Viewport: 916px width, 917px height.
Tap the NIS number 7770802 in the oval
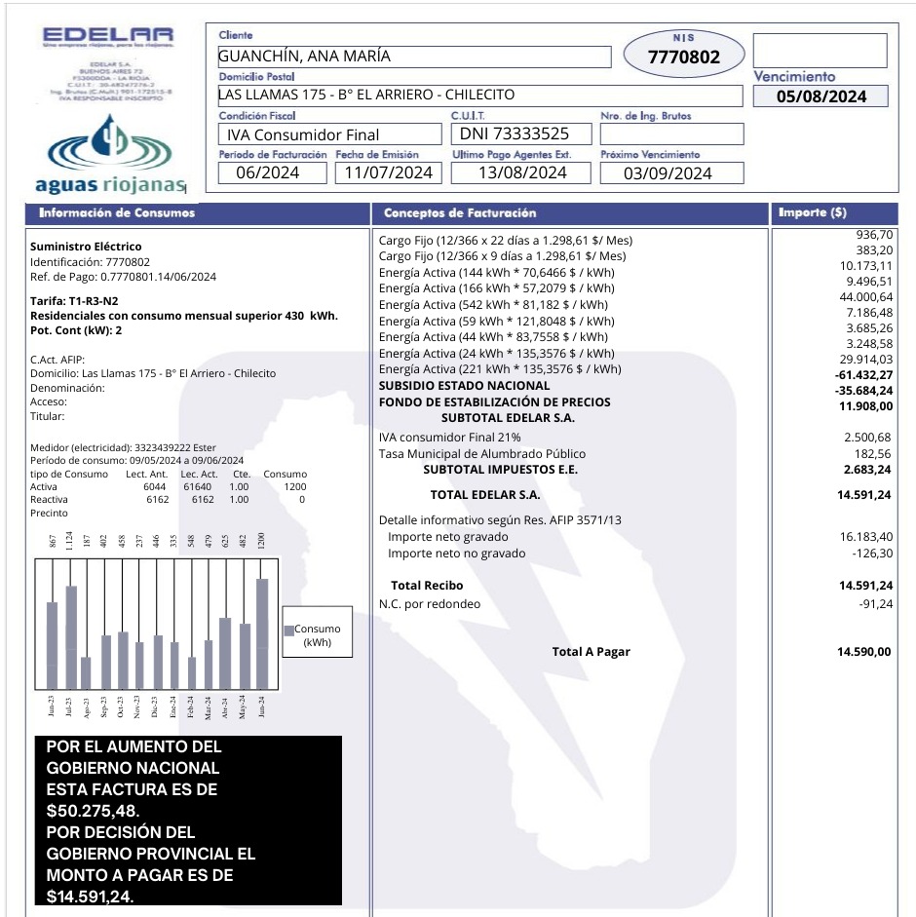click(x=684, y=57)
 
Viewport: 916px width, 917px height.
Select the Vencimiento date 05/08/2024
click(x=821, y=96)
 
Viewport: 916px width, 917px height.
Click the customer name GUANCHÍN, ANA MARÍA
click(x=304, y=57)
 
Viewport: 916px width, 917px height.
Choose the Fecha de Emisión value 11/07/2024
click(x=388, y=173)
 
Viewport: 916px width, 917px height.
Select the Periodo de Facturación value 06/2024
click(x=272, y=173)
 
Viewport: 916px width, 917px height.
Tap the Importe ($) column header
click(x=812, y=212)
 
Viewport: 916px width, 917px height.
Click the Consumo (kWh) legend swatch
click(x=288, y=630)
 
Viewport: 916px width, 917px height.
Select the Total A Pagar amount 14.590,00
click(x=864, y=652)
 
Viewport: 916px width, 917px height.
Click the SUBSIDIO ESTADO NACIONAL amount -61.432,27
click(x=864, y=375)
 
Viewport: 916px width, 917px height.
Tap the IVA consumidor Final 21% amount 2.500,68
click(x=867, y=437)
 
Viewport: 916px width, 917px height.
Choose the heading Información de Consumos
click(x=117, y=212)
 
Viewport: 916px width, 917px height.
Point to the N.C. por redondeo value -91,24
click(x=873, y=604)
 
